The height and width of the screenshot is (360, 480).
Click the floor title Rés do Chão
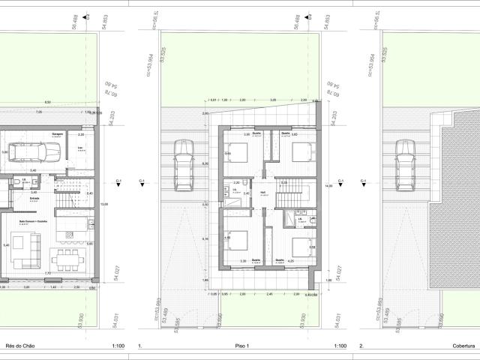[x=19, y=346]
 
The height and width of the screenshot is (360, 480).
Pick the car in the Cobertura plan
[x=405, y=164]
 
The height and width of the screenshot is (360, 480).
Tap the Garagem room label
[x=56, y=134]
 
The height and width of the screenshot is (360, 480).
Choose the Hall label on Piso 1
[x=263, y=192]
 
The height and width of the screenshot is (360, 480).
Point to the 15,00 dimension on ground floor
[x=105, y=204]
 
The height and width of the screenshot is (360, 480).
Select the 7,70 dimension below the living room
[x=46, y=274]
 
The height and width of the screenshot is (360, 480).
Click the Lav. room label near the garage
[x=80, y=147]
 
